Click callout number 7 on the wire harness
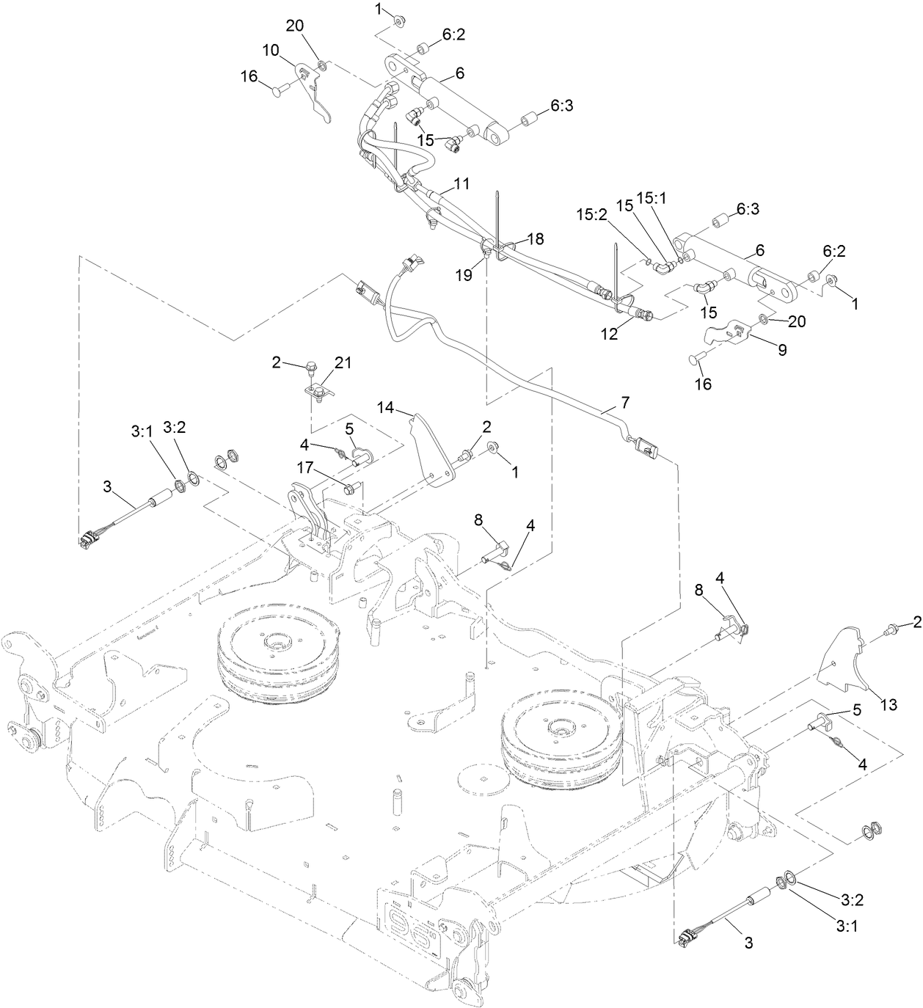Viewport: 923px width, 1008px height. click(625, 403)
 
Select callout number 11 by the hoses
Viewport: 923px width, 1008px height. click(462, 184)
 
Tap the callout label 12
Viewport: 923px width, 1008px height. click(610, 334)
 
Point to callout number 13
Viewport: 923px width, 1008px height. click(889, 705)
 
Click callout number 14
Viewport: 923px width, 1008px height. click(387, 407)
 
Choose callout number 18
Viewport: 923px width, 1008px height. click(536, 238)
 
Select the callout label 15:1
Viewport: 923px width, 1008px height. click(649, 198)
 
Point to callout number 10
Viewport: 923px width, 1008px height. click(271, 50)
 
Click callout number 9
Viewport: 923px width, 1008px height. click(782, 350)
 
